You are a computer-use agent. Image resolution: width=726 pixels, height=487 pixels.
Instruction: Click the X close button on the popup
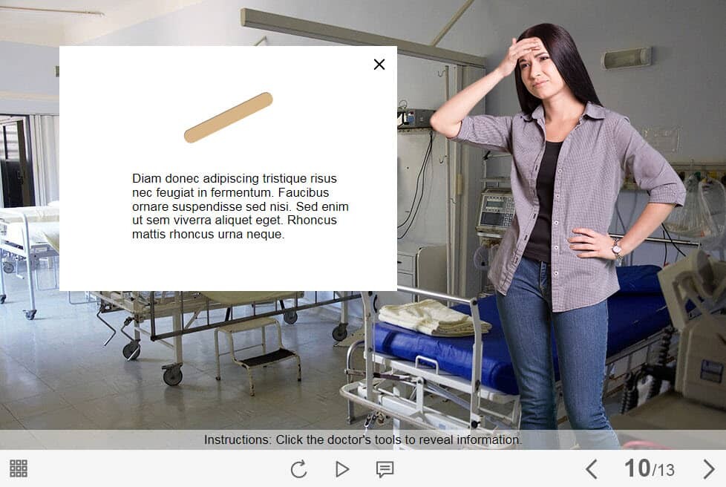tap(379, 65)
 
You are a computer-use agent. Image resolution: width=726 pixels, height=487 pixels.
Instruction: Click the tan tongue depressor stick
tap(228, 117)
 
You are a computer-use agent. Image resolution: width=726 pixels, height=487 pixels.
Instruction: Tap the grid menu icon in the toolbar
tap(19, 468)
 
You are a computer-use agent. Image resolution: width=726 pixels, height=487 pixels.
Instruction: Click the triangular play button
tap(342, 469)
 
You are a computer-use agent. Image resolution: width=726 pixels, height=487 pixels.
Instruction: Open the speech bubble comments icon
tap(385, 469)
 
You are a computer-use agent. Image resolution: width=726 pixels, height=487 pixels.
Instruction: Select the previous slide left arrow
tap(591, 469)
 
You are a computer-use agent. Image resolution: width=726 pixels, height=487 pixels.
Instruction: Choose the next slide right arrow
tap(708, 469)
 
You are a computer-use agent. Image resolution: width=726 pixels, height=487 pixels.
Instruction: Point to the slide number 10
tap(637, 468)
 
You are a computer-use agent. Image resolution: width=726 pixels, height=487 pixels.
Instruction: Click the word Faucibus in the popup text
tap(304, 192)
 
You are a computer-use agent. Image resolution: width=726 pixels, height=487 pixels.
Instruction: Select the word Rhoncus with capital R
tap(312, 220)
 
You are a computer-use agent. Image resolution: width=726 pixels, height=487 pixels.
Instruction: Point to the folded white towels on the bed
tap(434, 317)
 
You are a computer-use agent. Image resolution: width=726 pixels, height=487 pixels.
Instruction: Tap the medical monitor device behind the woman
tap(496, 211)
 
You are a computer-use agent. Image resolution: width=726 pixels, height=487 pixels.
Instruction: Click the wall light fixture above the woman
tap(626, 59)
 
